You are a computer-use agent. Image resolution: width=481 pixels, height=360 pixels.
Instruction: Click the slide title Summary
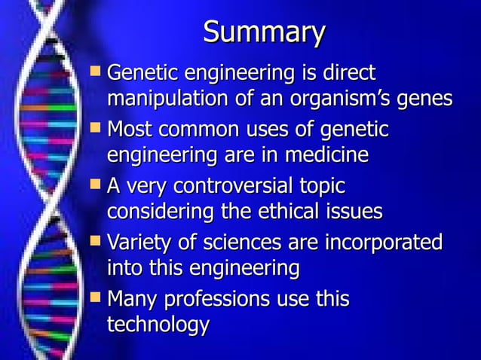[x=263, y=33]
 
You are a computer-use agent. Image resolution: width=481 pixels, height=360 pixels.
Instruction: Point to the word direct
[x=344, y=75]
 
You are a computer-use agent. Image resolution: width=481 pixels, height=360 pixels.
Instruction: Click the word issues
[x=354, y=212]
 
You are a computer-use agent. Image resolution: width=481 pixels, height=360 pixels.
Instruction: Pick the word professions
[x=210, y=301]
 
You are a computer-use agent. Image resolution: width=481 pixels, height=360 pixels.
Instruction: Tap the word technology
[x=158, y=325]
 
